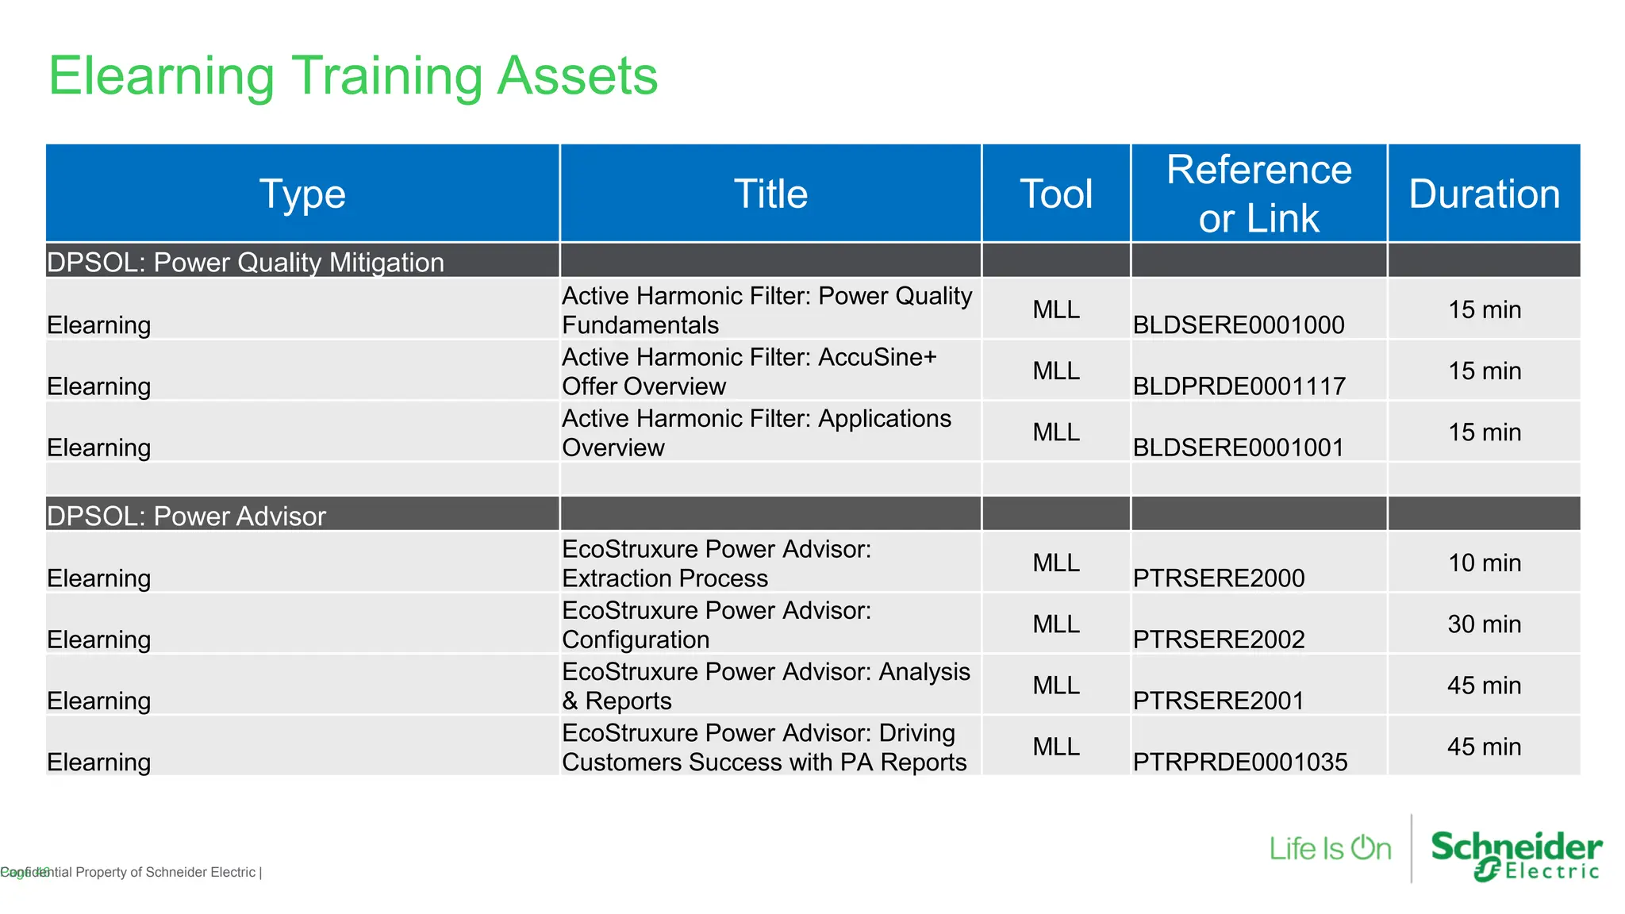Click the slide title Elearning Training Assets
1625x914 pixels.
coord(353,76)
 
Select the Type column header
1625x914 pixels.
coord(302,194)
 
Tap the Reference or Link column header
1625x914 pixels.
coord(1258,194)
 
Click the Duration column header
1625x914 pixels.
coord(1484,194)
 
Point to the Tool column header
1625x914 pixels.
coord(1055,194)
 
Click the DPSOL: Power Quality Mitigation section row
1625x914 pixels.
coord(245,262)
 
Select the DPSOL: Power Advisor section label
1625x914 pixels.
coord(186,516)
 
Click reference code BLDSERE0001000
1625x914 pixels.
coord(1238,325)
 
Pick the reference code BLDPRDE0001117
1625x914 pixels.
coord(1239,386)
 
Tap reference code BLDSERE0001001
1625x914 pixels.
coord(1238,447)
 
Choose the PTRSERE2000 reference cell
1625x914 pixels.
coord(1218,578)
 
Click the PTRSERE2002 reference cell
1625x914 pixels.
coord(1218,639)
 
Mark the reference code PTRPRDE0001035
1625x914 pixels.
coord(1239,762)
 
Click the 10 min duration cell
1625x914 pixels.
coord(1484,563)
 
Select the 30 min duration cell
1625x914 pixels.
coord(1484,624)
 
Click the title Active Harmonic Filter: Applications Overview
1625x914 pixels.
coord(756,432)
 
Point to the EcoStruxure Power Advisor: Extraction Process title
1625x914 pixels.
coord(716,563)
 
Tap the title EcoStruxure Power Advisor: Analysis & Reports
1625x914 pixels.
coord(765,685)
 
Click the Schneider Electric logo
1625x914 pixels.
coord(1516,855)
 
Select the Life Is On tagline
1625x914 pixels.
coord(1330,849)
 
